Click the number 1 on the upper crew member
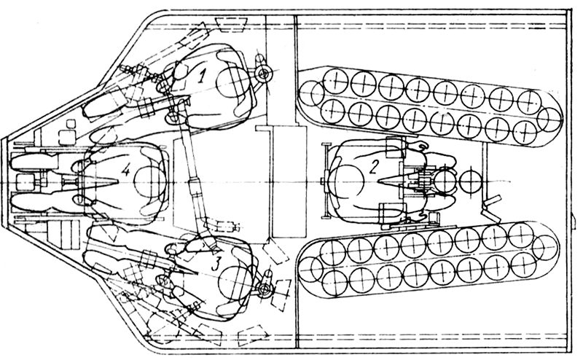[x=202, y=77]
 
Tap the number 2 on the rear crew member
[x=373, y=168]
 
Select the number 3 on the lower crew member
[x=216, y=263]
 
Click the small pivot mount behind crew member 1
[x=265, y=74]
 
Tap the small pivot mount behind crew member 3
[x=265, y=289]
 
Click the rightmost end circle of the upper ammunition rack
[x=549, y=120]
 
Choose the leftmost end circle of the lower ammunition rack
[x=311, y=269]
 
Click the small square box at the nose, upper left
[x=70, y=123]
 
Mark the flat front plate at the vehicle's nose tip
[x=4, y=181]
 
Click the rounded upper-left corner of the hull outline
[x=156, y=16]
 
